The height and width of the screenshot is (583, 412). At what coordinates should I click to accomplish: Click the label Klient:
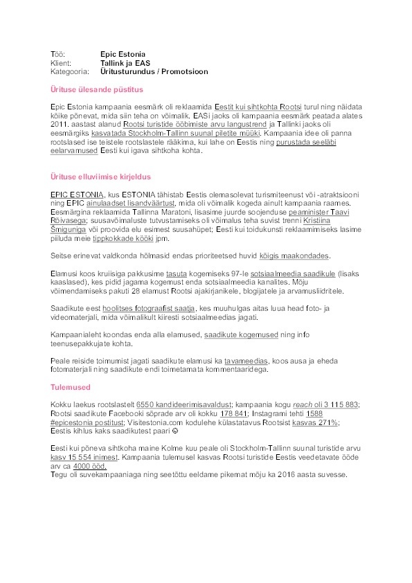coord(62,62)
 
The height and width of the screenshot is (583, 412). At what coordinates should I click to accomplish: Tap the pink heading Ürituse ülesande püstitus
coord(96,89)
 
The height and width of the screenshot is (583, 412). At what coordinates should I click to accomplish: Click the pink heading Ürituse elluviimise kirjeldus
coord(101,177)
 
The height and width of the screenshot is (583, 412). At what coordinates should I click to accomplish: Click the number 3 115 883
coord(338,404)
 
